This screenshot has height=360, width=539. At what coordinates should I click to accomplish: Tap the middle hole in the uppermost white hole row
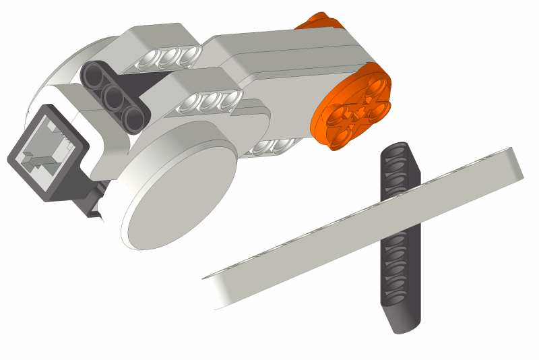(x=172, y=56)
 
